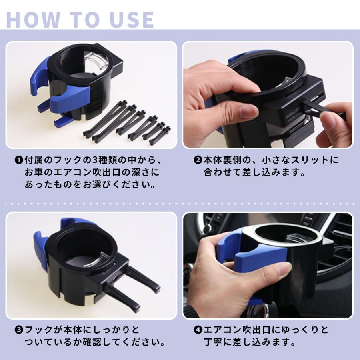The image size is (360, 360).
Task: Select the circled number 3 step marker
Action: [19, 330]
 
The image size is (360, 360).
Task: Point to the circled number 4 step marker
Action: [198, 330]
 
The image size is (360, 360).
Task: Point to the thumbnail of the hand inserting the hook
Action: [268, 94]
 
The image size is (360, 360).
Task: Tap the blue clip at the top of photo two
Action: [243, 56]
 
